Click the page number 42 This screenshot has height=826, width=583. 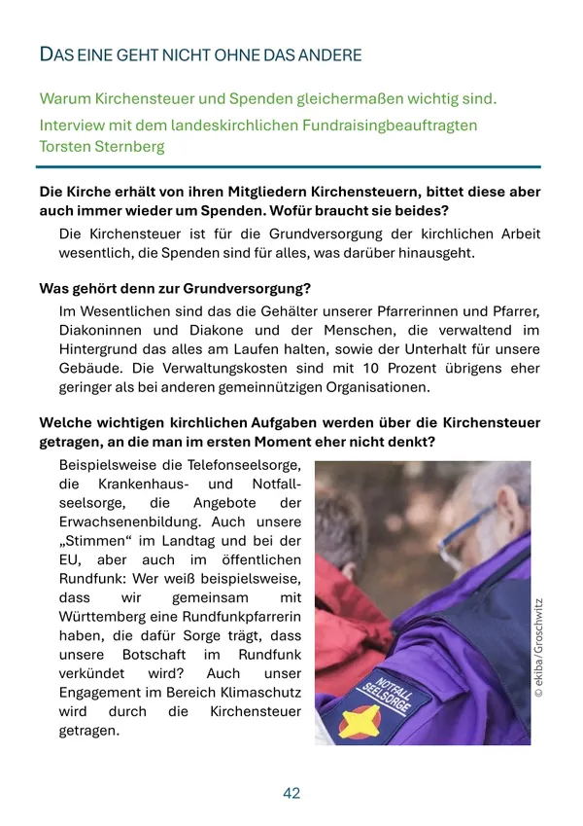pos(291,793)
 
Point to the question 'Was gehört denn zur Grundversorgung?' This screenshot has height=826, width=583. pos(175,289)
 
